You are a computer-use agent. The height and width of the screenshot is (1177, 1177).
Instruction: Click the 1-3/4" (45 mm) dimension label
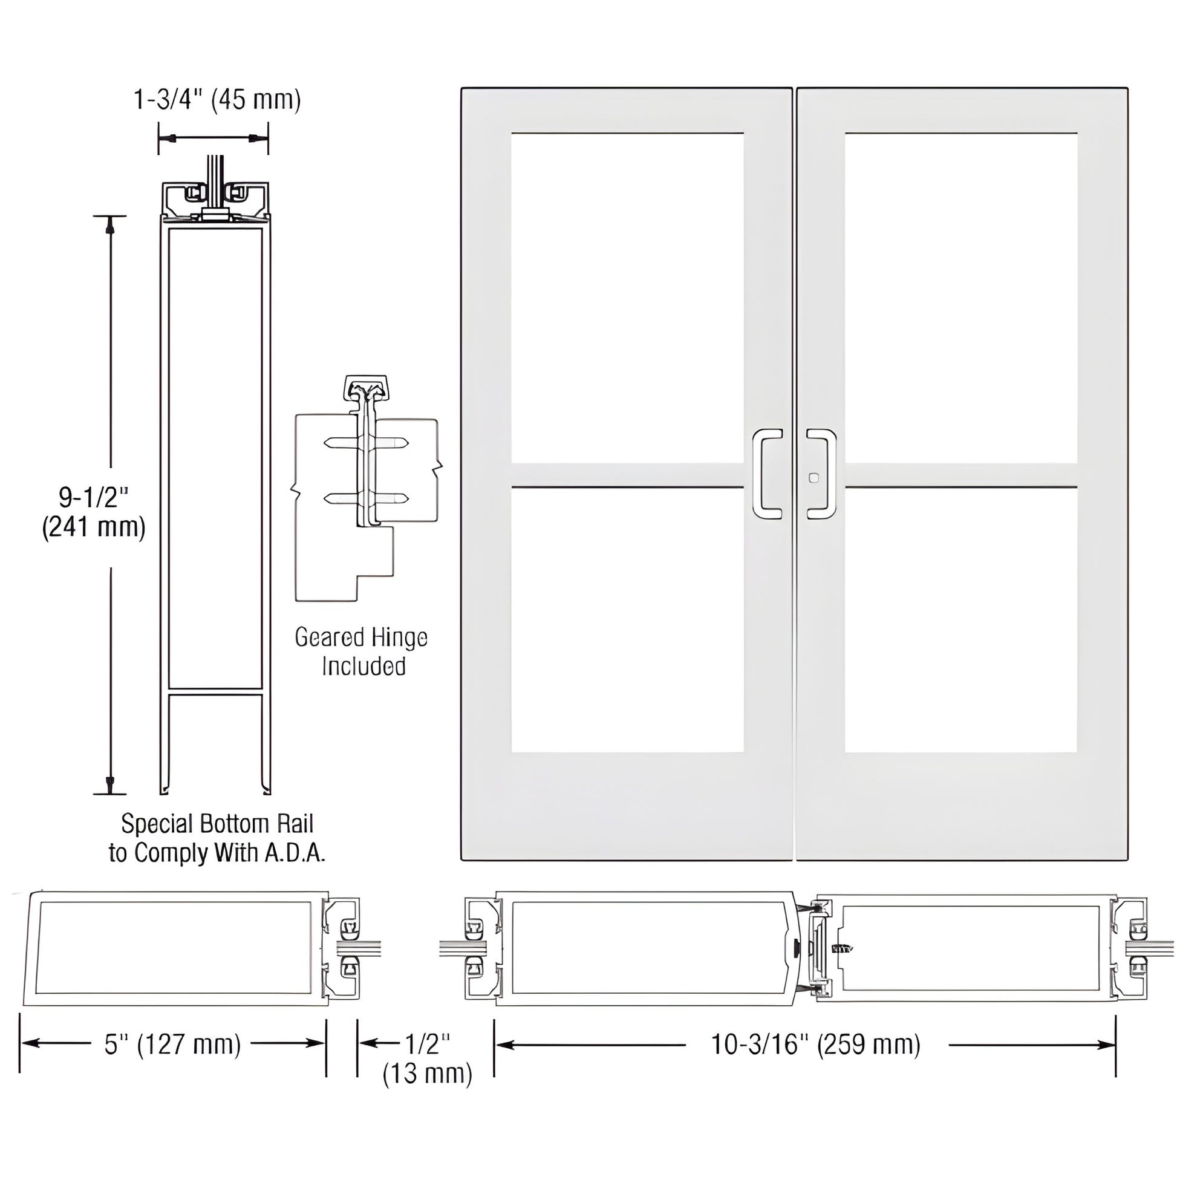pyautogui.click(x=217, y=99)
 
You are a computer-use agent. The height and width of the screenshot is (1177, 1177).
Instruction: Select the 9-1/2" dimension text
pyautogui.click(x=93, y=497)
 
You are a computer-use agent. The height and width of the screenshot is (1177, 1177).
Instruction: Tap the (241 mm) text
pyautogui.click(x=93, y=527)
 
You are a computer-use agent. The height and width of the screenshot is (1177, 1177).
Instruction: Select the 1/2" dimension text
pyautogui.click(x=428, y=1043)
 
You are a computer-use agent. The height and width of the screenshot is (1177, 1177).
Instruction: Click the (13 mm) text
pyautogui.click(x=428, y=1074)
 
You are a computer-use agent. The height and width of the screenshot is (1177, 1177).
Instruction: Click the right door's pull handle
pyautogui.click(x=822, y=474)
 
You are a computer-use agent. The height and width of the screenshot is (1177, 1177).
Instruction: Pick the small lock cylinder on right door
pyautogui.click(x=813, y=478)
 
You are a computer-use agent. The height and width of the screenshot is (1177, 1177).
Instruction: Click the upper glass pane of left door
pyautogui.click(x=627, y=299)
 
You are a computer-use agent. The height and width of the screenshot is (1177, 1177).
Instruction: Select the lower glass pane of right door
pyautogui.click(x=960, y=620)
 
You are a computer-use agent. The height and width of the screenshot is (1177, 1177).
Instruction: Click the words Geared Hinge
pyautogui.click(x=361, y=638)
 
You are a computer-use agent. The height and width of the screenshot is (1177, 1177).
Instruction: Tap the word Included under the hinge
pyautogui.click(x=364, y=667)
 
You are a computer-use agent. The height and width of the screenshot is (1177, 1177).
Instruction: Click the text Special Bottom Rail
pyautogui.click(x=217, y=824)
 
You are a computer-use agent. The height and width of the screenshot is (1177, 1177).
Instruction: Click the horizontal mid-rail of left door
pyautogui.click(x=627, y=475)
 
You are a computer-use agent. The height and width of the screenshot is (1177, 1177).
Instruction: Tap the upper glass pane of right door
pyautogui.click(x=960, y=299)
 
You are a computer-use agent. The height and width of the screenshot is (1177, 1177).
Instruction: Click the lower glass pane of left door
pyautogui.click(x=627, y=620)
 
